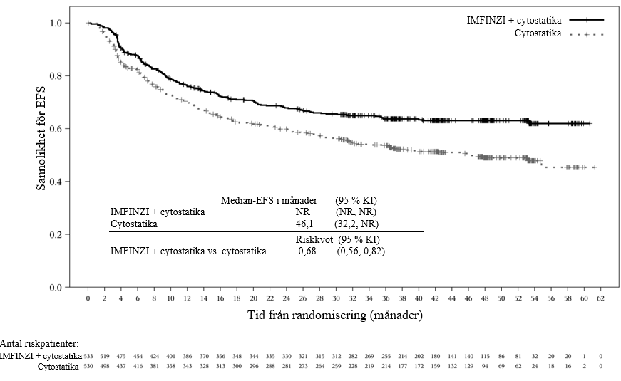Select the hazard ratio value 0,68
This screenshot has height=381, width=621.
[x=307, y=251]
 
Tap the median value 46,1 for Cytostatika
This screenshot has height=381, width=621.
[x=305, y=224]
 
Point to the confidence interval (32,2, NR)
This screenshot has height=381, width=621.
[x=356, y=224]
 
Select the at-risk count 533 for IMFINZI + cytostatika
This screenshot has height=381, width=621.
[x=89, y=355]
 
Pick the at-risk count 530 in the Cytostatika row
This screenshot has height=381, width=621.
[x=89, y=365]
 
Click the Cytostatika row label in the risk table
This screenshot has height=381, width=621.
[x=58, y=365]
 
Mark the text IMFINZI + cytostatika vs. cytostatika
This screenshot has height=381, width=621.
[x=188, y=251]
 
